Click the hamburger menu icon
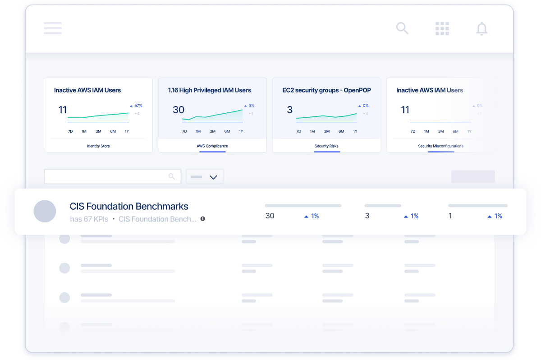point(53,28)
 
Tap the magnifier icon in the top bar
point(402,28)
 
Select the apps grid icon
point(442,28)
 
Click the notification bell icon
point(482,28)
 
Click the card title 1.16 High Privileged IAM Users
point(209,90)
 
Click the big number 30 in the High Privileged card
point(179,110)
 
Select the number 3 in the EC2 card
point(290,110)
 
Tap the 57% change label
point(138,106)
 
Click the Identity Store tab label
point(98,146)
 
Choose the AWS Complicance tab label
point(212,146)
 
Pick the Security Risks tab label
point(326,146)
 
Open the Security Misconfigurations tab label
point(440,146)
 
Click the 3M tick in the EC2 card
point(327,131)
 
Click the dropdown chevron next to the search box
point(214,177)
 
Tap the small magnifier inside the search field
point(171,176)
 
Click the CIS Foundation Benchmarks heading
point(129,206)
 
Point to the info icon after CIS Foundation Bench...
point(202,219)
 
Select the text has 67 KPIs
point(89,219)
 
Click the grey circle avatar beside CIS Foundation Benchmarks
point(45,211)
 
